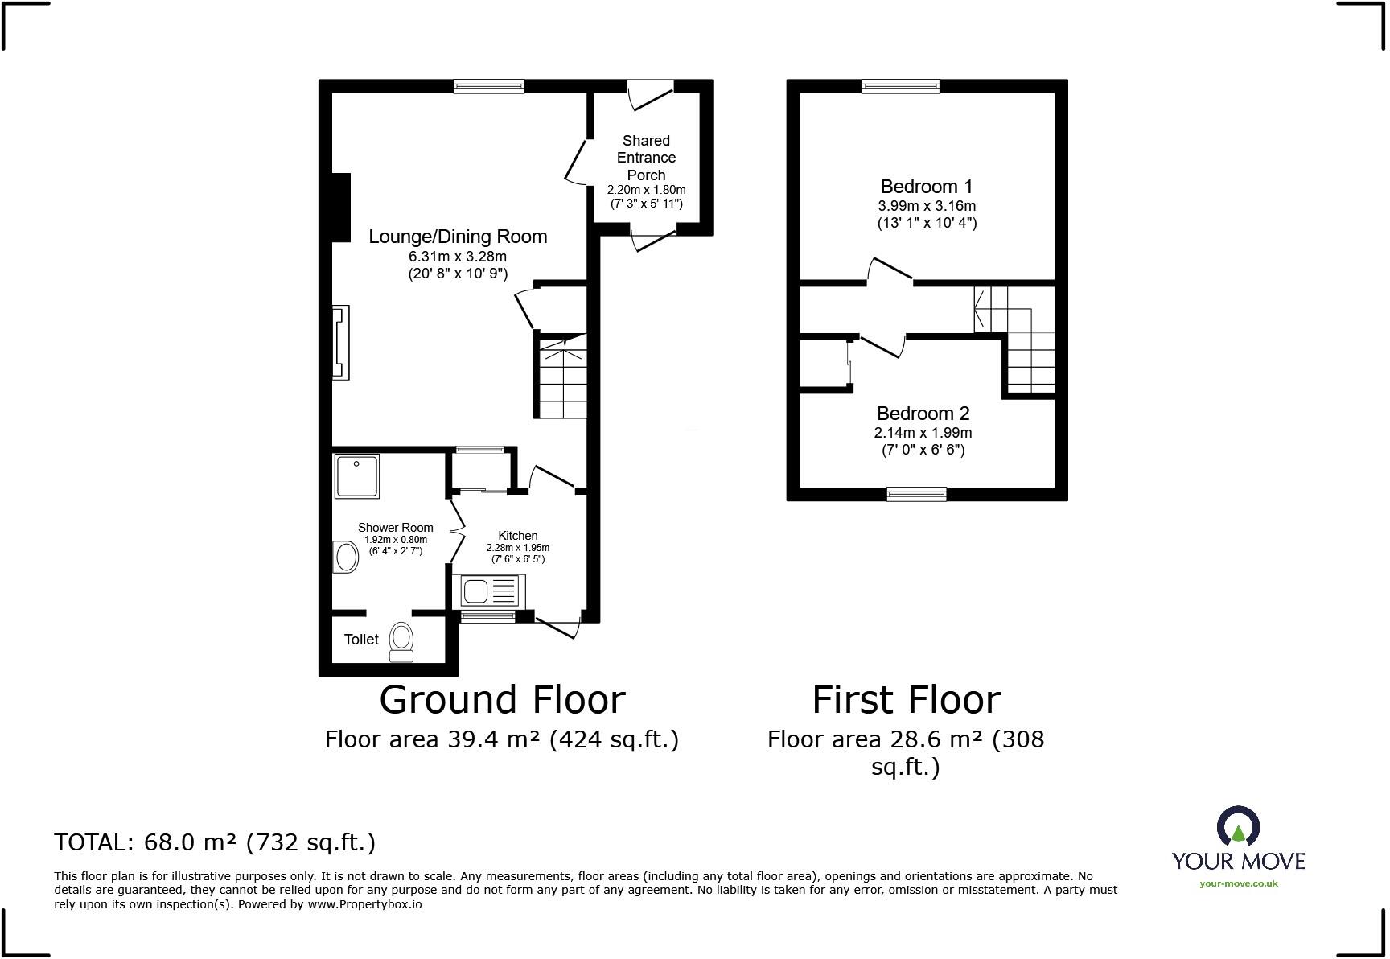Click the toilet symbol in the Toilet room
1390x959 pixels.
[401, 641]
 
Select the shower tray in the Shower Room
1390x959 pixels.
[357, 475]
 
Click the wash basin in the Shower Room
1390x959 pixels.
[347, 557]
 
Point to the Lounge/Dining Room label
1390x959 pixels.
[458, 237]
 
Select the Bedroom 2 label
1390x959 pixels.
[923, 414]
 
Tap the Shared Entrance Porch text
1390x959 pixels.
[646, 158]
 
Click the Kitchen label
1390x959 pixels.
[517, 536]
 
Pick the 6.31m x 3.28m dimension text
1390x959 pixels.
[458, 257]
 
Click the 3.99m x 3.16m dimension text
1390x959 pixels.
[927, 206]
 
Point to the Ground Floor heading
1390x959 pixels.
[502, 700]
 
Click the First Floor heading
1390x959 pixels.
[907, 700]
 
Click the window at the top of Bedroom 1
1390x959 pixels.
[901, 86]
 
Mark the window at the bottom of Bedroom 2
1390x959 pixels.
[916, 494]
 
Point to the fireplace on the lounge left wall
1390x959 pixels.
[341, 342]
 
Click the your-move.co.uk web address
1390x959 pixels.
[1238, 883]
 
